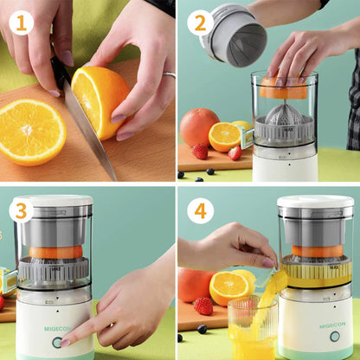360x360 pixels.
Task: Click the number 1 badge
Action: point(22,22)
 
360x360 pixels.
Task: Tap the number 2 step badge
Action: point(200,22)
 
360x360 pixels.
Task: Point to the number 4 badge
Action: point(200,211)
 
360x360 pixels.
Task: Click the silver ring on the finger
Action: point(169,75)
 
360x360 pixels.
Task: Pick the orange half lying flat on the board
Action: point(32,132)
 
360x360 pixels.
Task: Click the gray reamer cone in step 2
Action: point(284,114)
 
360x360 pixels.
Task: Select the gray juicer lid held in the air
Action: point(233,35)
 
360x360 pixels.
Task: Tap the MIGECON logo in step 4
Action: point(332,325)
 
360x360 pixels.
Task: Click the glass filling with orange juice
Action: point(253,328)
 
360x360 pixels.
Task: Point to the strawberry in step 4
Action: point(203,305)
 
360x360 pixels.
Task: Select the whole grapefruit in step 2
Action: point(199,127)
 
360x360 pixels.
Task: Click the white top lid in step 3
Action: point(54,200)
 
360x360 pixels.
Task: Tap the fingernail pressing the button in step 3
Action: point(65,343)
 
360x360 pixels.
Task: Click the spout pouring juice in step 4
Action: point(267,277)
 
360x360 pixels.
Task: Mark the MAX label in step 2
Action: point(289,130)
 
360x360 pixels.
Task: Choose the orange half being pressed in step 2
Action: point(283,88)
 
